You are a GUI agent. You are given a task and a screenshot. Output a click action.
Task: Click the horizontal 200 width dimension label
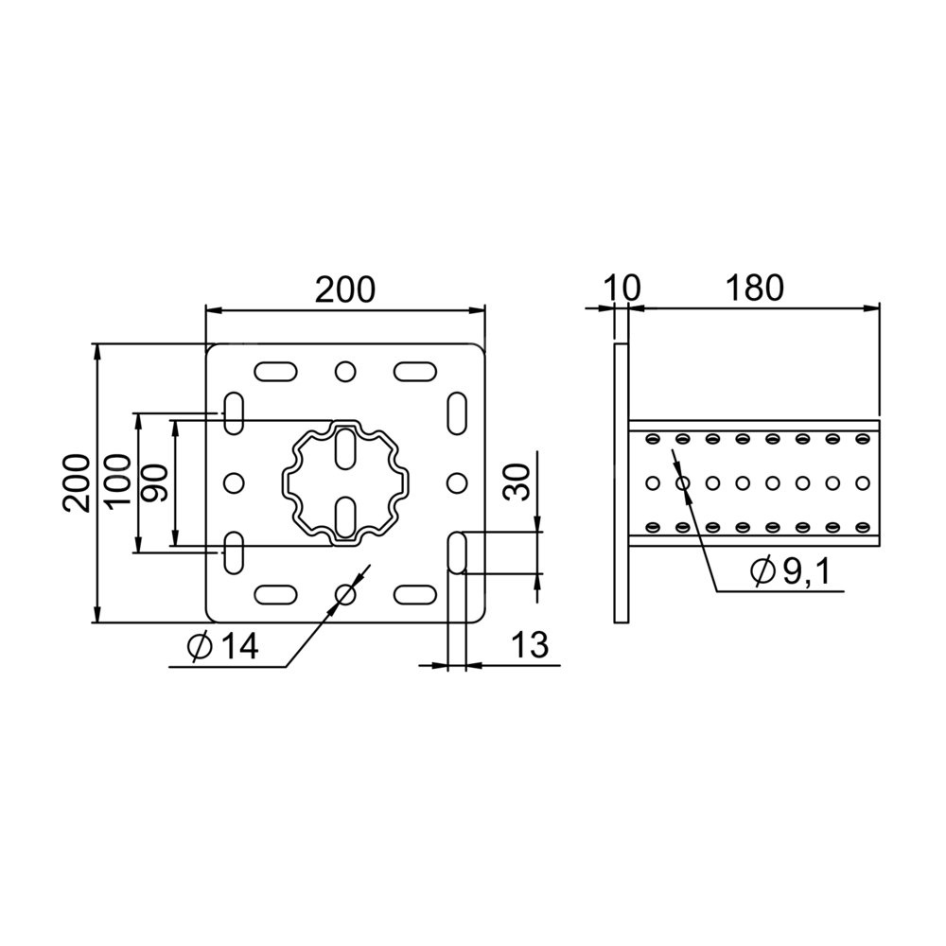click(x=345, y=289)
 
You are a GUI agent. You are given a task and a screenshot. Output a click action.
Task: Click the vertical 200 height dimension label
click(x=77, y=483)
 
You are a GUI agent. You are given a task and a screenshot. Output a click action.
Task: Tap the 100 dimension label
click(x=117, y=482)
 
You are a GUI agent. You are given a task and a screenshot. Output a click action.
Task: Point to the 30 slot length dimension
click(x=517, y=482)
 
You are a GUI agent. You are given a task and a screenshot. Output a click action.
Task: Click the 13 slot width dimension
click(x=529, y=644)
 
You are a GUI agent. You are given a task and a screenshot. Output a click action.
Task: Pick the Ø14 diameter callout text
click(x=223, y=647)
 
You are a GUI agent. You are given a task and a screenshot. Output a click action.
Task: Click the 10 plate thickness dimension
click(x=622, y=289)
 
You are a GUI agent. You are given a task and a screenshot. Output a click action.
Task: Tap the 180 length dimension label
click(x=754, y=289)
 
